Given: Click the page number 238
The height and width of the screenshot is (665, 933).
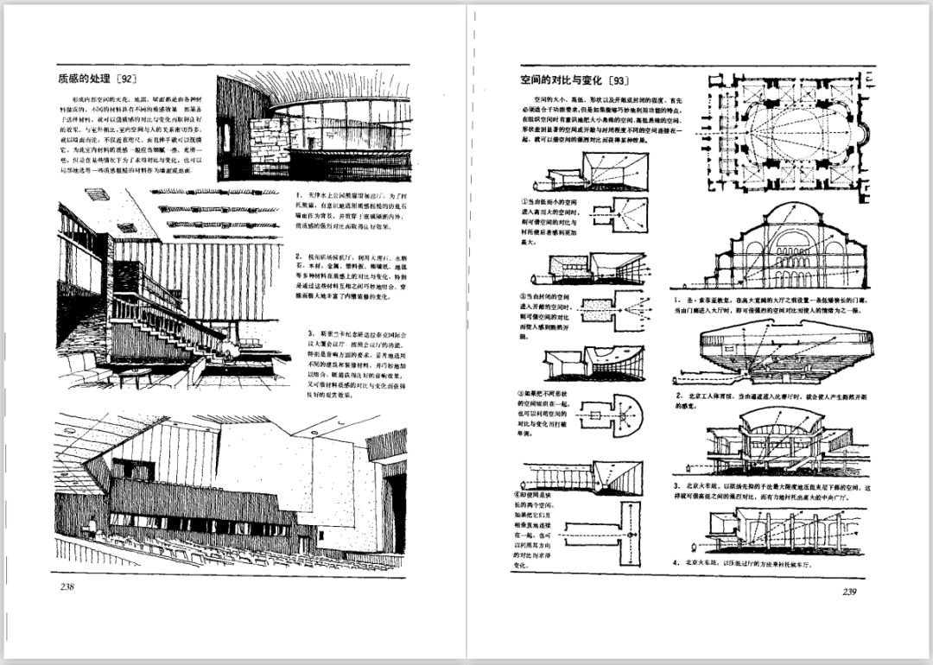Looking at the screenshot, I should click(x=67, y=588).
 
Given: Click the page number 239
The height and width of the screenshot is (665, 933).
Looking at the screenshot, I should click(x=848, y=592).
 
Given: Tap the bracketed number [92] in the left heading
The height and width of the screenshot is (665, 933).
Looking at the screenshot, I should click(x=126, y=79).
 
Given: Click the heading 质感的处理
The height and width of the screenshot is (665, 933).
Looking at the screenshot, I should click(x=85, y=79).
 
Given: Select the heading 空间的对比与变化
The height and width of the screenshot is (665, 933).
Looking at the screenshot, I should click(x=562, y=81).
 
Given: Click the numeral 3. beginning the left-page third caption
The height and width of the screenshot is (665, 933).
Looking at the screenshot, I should click(x=310, y=333).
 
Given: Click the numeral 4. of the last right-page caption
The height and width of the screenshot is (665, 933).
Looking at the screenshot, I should click(x=676, y=563).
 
